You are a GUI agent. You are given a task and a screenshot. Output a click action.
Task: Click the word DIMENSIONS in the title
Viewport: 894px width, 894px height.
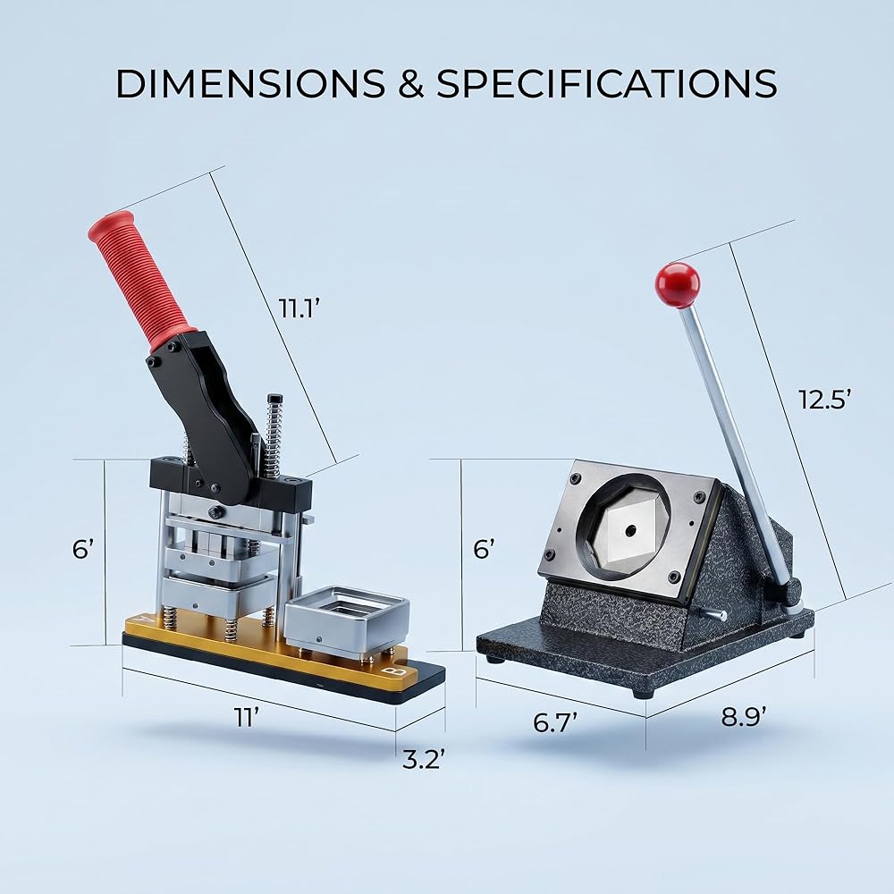(x=250, y=83)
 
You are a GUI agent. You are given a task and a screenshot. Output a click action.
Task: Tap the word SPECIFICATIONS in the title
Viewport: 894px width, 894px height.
(x=606, y=83)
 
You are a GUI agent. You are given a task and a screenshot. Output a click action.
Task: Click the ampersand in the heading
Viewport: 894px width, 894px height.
(x=410, y=83)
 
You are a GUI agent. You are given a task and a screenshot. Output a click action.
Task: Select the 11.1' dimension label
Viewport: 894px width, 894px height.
(x=298, y=308)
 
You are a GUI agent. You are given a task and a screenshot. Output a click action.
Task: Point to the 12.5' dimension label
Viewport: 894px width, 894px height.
(x=824, y=399)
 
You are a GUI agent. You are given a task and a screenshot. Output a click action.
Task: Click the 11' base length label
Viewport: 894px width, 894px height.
(x=247, y=717)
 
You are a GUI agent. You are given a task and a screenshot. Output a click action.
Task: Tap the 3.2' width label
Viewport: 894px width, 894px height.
(x=423, y=759)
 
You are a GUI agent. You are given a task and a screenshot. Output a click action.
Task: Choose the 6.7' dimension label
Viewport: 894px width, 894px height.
(x=555, y=722)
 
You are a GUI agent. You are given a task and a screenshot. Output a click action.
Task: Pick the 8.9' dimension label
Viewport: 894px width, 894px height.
(x=744, y=717)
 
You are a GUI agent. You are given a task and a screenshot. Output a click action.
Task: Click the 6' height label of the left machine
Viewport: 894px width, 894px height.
(x=82, y=549)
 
